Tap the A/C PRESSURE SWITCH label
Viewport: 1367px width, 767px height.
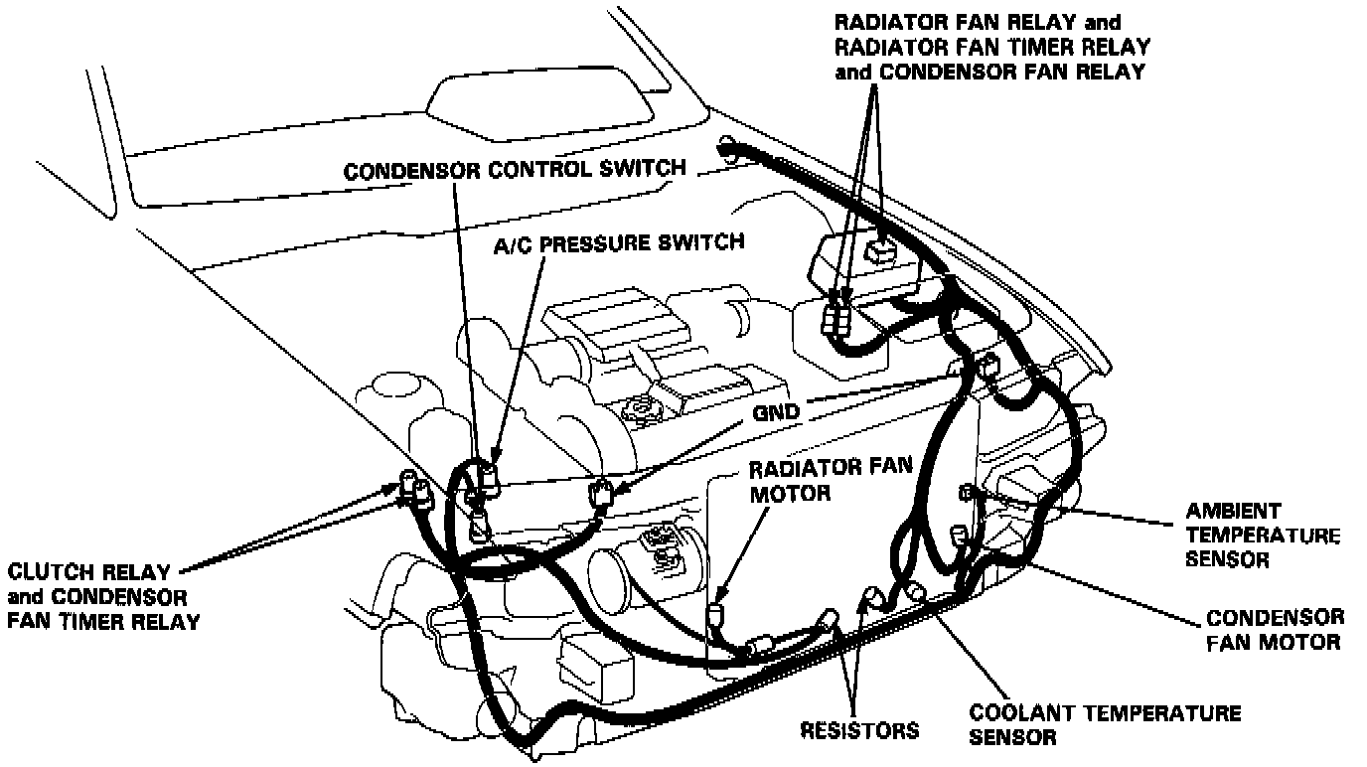point(619,241)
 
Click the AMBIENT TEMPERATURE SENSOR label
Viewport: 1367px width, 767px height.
point(1262,536)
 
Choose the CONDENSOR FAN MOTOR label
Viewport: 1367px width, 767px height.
point(1275,630)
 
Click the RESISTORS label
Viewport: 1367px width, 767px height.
point(858,730)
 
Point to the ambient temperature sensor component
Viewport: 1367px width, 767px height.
point(966,492)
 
